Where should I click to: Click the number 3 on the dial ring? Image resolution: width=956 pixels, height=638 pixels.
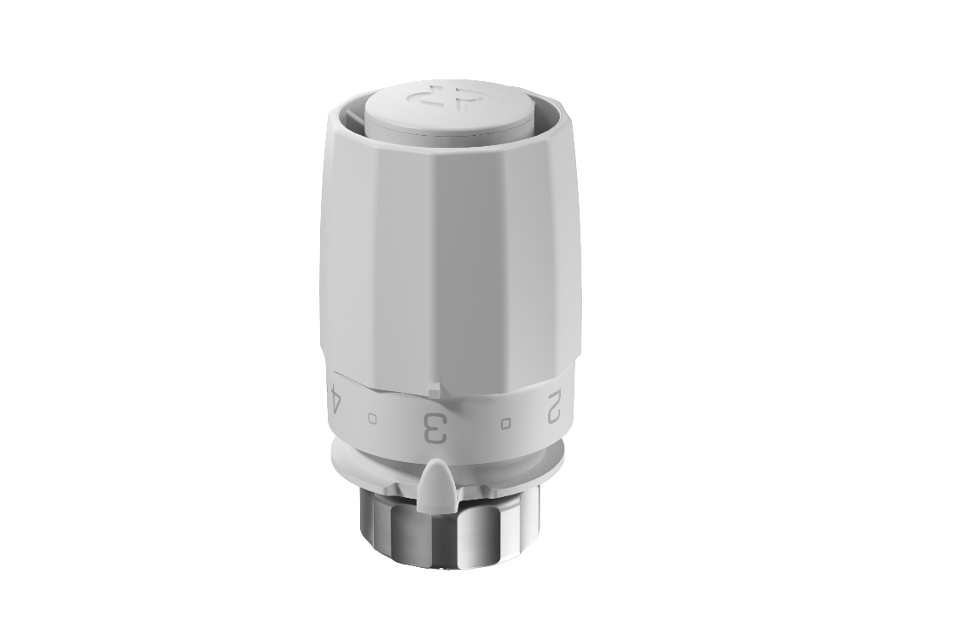coord(435,428)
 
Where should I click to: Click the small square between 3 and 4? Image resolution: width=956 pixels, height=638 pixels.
coord(372,419)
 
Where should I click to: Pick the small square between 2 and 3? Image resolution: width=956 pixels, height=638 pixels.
coord(505,423)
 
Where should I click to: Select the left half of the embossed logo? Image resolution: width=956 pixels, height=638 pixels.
coord(423,97)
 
